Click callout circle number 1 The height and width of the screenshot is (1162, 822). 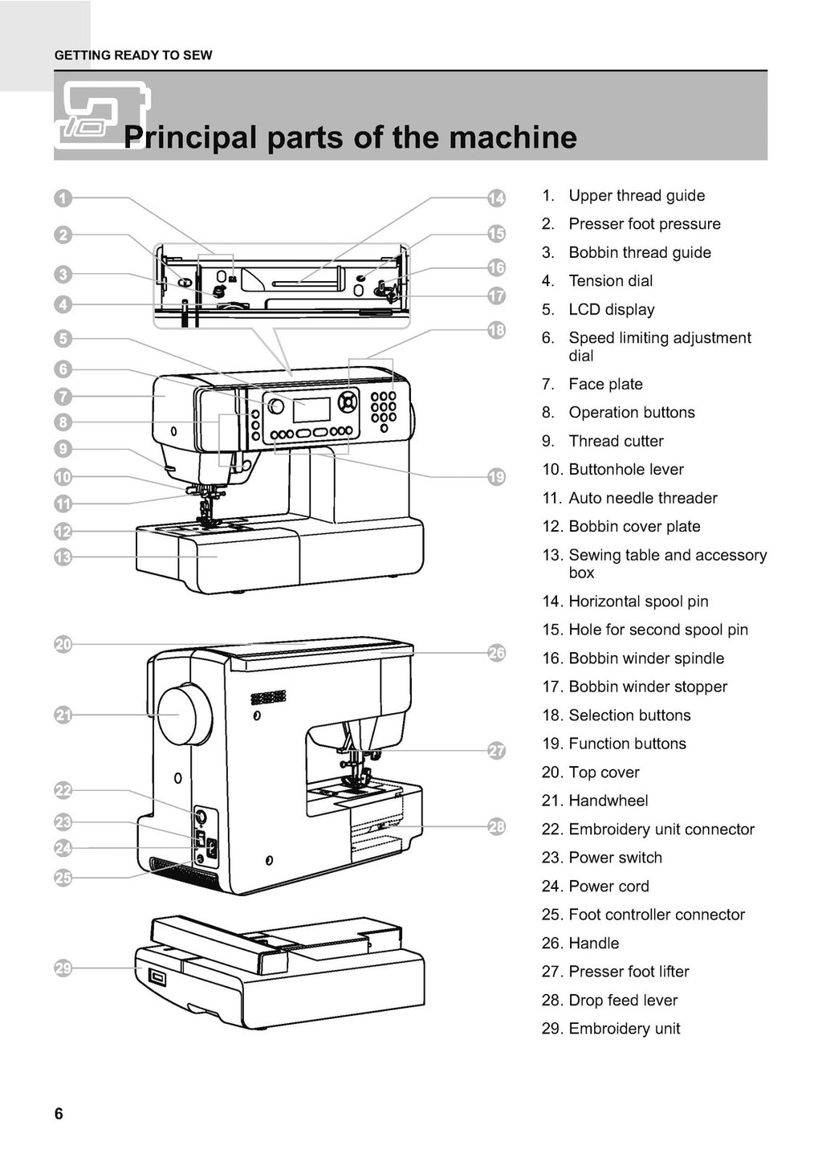pyautogui.click(x=63, y=198)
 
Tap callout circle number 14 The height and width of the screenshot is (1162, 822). pyautogui.click(x=497, y=198)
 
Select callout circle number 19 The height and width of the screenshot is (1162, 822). pyautogui.click(x=497, y=477)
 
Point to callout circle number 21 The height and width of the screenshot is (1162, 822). pyautogui.click(x=63, y=715)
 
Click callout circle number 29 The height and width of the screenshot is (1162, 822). pyautogui.click(x=63, y=968)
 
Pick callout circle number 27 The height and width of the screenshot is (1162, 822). pyautogui.click(x=497, y=751)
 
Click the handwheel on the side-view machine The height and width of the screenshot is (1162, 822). pyautogui.click(x=184, y=714)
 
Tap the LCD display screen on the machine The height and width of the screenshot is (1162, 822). pyautogui.click(x=311, y=410)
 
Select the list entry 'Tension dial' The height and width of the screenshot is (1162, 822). pyautogui.click(x=610, y=281)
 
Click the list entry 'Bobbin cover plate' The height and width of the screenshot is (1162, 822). pyautogui.click(x=634, y=527)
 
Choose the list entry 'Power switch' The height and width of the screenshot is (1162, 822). pyautogui.click(x=615, y=858)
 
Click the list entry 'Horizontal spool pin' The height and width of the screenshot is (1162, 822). pyautogui.click(x=638, y=601)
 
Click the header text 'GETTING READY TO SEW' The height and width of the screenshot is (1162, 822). pyautogui.click(x=133, y=55)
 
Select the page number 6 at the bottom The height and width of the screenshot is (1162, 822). pyautogui.click(x=59, y=1114)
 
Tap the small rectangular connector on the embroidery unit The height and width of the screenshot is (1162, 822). pyautogui.click(x=156, y=977)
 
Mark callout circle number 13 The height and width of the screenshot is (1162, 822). pyautogui.click(x=63, y=557)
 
